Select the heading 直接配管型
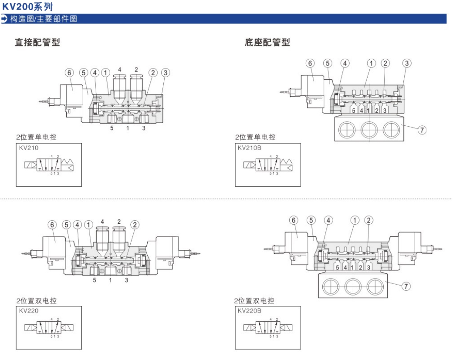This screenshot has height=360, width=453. click(x=37, y=42)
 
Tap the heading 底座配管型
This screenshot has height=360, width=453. click(x=267, y=42)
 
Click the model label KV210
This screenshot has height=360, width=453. click(x=29, y=148)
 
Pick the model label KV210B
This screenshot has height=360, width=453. click(x=249, y=148)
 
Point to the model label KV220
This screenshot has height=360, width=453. click(x=29, y=311)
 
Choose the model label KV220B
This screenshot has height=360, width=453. click(x=249, y=311)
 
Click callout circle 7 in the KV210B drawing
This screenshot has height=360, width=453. click(x=422, y=129)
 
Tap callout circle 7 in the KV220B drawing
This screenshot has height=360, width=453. click(x=406, y=286)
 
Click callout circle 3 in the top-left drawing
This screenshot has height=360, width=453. click(x=165, y=72)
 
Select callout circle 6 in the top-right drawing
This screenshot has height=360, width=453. click(x=310, y=63)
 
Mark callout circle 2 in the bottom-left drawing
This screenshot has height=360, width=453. click(x=135, y=225)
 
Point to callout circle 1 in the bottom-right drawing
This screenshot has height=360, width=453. click(x=355, y=220)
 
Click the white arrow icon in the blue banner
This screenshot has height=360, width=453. click(x=4, y=19)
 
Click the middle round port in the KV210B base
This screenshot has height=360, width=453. click(x=369, y=129)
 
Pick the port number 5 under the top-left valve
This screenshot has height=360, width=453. click(x=112, y=128)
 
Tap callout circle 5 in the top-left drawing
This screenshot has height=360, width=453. click(x=84, y=72)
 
